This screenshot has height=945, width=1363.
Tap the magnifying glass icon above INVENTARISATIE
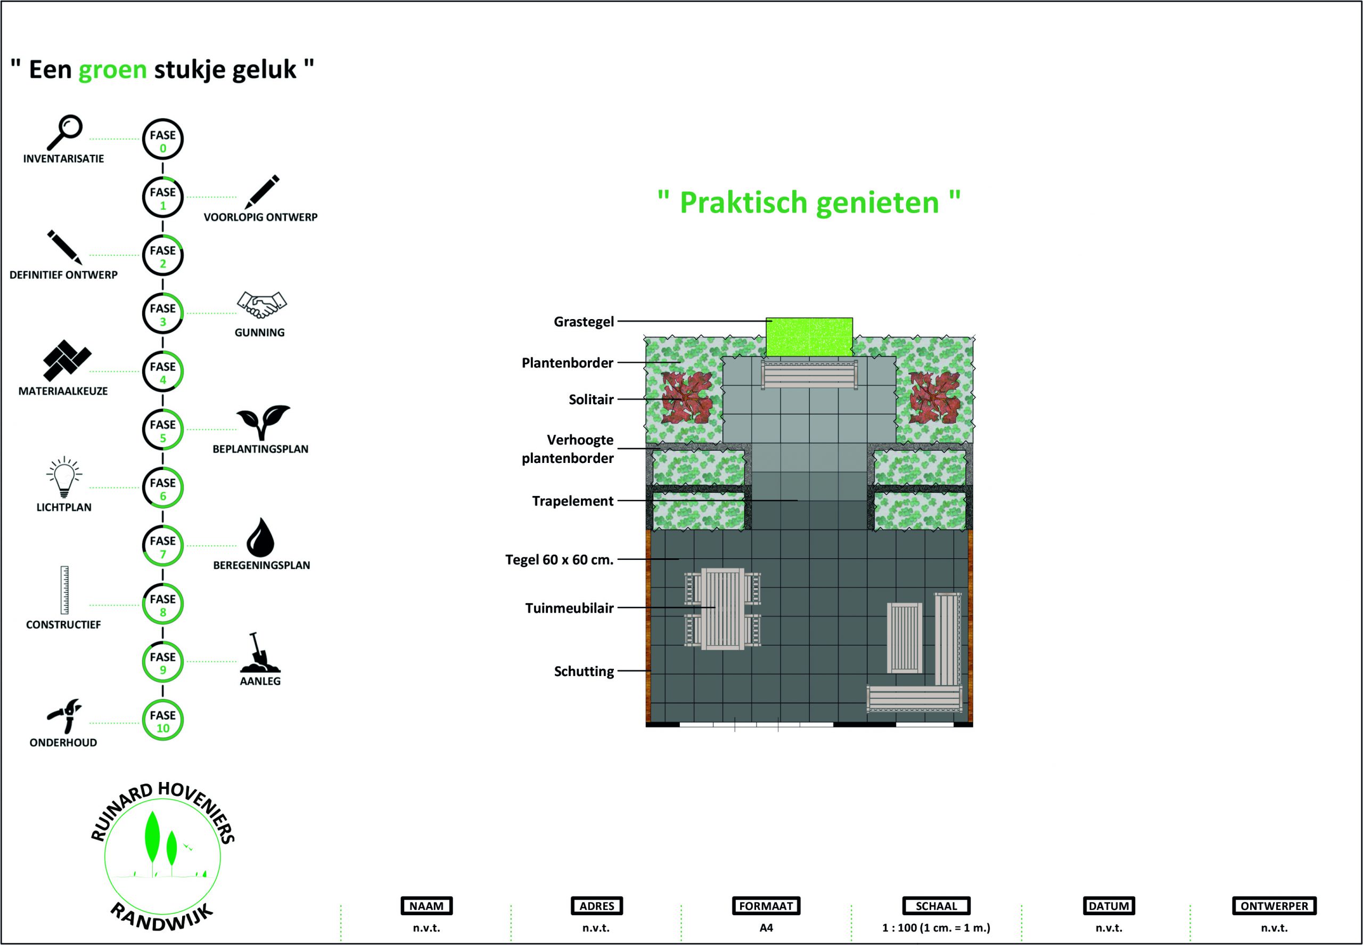coord(64,132)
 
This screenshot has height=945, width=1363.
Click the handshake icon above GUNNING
coord(261,304)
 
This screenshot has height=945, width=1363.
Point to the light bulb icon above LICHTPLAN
coord(64,477)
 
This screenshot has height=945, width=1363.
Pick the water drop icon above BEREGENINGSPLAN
coord(260,537)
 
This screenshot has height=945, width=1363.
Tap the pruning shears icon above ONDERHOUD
coord(64,715)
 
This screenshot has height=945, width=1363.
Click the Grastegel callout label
coord(584,322)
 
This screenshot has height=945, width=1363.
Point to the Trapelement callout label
coord(572,501)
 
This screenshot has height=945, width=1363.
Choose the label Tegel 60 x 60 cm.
coord(559,559)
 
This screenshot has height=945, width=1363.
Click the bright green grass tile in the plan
coord(809,337)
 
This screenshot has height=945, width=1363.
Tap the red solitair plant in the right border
coord(935,397)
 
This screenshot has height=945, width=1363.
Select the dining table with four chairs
coord(722,609)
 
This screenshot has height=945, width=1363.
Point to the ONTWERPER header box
coord(1274,906)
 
